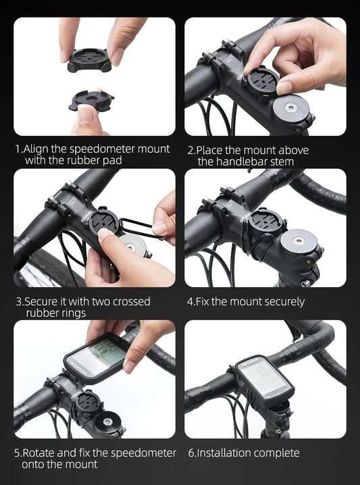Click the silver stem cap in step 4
point(298,240)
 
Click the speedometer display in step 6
point(265,378)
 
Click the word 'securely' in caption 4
point(283,301)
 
